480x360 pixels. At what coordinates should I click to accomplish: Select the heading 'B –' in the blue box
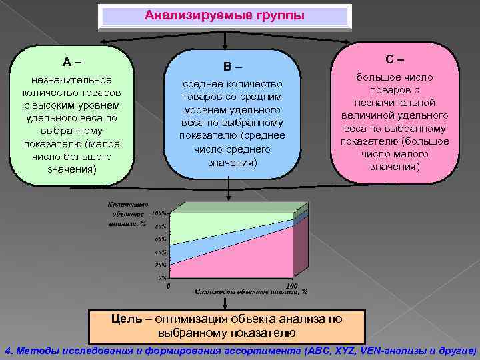pos(232,67)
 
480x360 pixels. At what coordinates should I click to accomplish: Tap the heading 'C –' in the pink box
pos(395,59)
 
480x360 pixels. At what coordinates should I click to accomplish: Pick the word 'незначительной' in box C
pos(395,102)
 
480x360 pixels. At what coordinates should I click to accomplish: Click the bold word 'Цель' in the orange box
pos(126,319)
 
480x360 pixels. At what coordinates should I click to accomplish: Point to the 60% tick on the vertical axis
pos(161,239)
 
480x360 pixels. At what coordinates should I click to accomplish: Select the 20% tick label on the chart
pos(161,265)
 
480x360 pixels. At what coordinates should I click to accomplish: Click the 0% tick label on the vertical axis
pos(162,277)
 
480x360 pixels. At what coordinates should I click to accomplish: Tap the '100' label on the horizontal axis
pos(291,285)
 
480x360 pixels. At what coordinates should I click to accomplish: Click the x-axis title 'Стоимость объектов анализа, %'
pos(250,292)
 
